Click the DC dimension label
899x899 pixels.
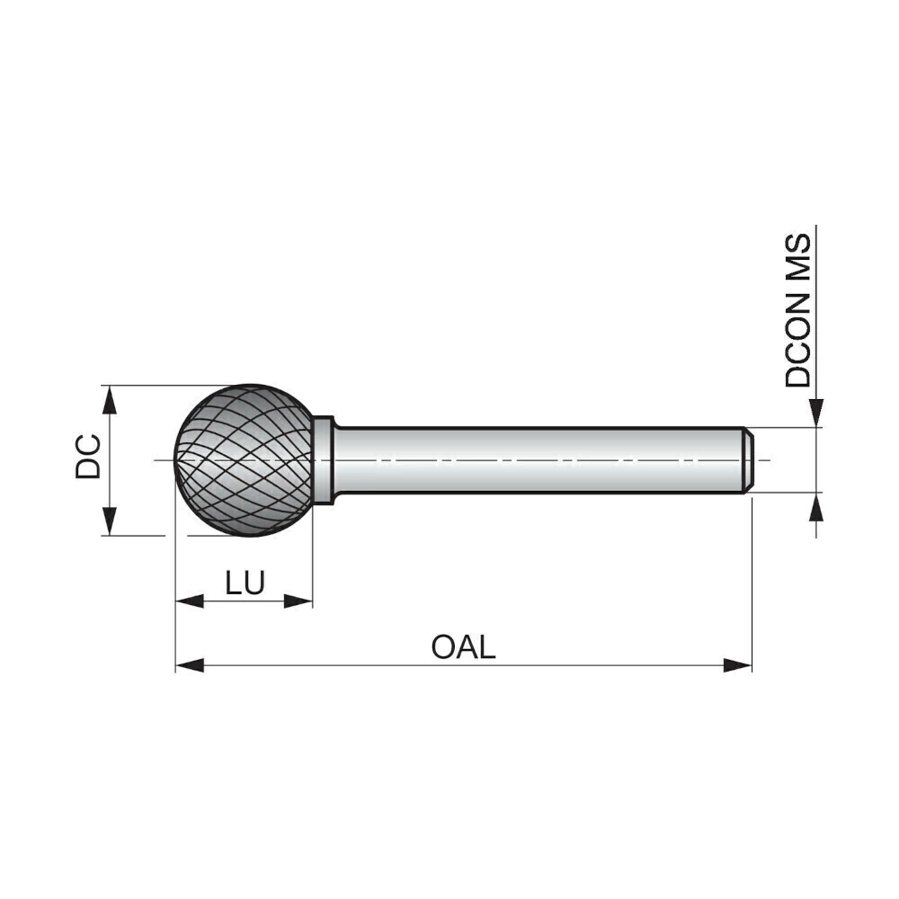tap(88, 457)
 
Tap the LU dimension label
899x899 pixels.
tap(245, 583)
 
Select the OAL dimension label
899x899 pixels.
tap(463, 647)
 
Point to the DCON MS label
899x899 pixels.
tap(798, 310)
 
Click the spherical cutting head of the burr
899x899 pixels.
tap(245, 459)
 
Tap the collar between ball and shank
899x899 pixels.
tap(324, 459)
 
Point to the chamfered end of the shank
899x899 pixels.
tap(748, 459)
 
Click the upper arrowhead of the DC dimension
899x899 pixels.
tap(109, 400)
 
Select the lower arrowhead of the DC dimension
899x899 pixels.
tap(109, 521)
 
